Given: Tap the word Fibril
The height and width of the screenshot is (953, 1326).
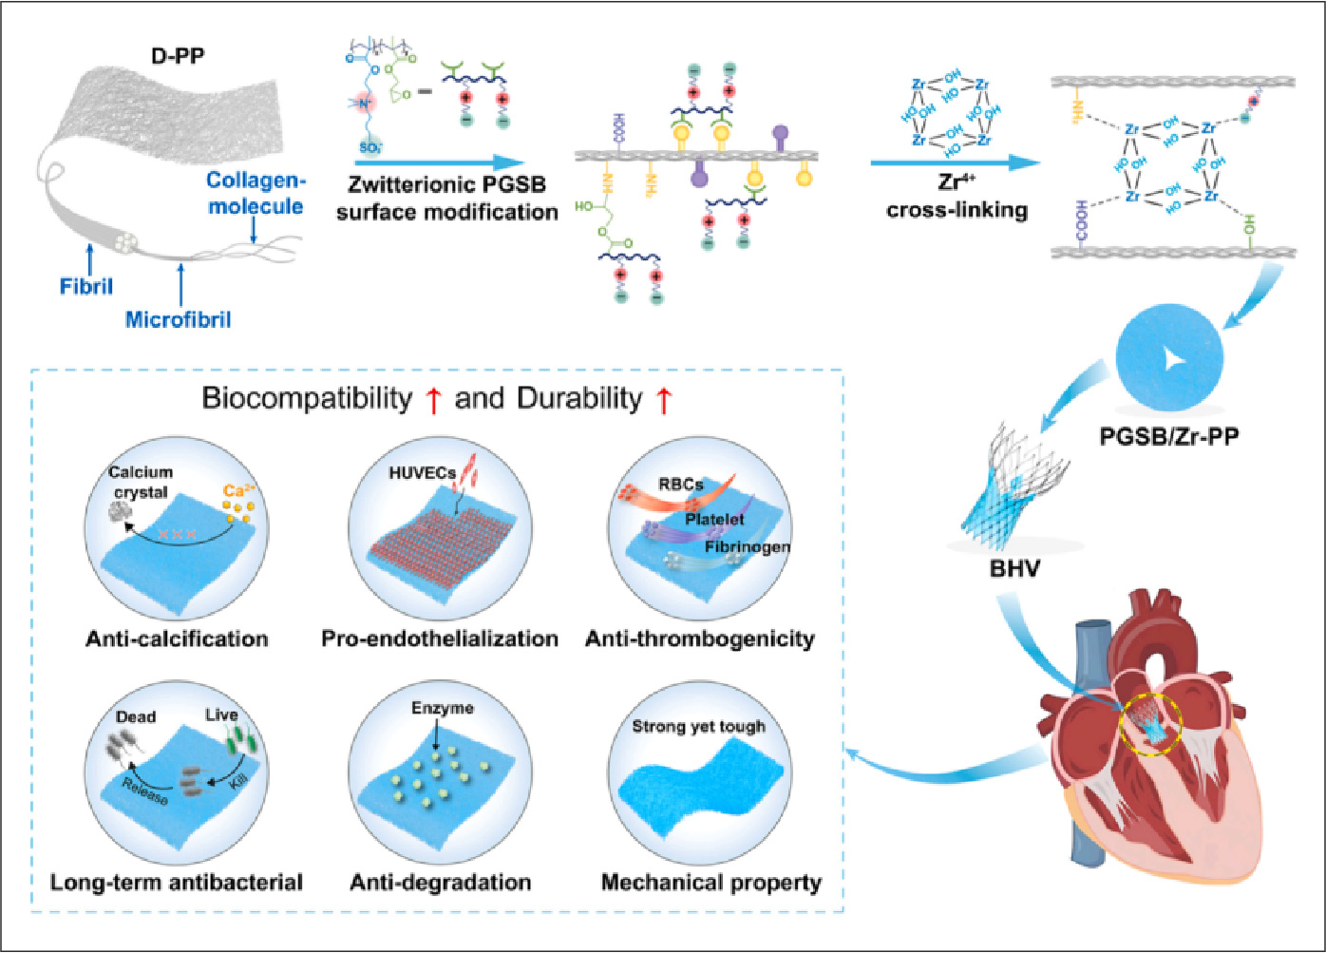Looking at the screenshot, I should [86, 285].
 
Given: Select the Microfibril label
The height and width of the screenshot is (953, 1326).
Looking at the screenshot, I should [178, 319].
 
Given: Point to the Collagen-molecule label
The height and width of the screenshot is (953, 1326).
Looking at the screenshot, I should [255, 193].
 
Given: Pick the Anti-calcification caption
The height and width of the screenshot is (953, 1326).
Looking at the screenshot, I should [177, 639].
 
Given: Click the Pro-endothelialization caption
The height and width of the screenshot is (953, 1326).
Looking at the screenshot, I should [439, 639].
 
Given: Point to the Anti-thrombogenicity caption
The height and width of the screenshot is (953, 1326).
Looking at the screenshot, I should [700, 639].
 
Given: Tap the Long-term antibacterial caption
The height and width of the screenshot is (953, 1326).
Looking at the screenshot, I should [177, 883].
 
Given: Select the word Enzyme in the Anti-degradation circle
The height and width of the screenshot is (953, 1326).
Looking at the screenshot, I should [442, 709].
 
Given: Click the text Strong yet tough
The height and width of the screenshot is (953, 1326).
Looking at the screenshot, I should [698, 727].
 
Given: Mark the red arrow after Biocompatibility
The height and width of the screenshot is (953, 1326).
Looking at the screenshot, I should [433, 400].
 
